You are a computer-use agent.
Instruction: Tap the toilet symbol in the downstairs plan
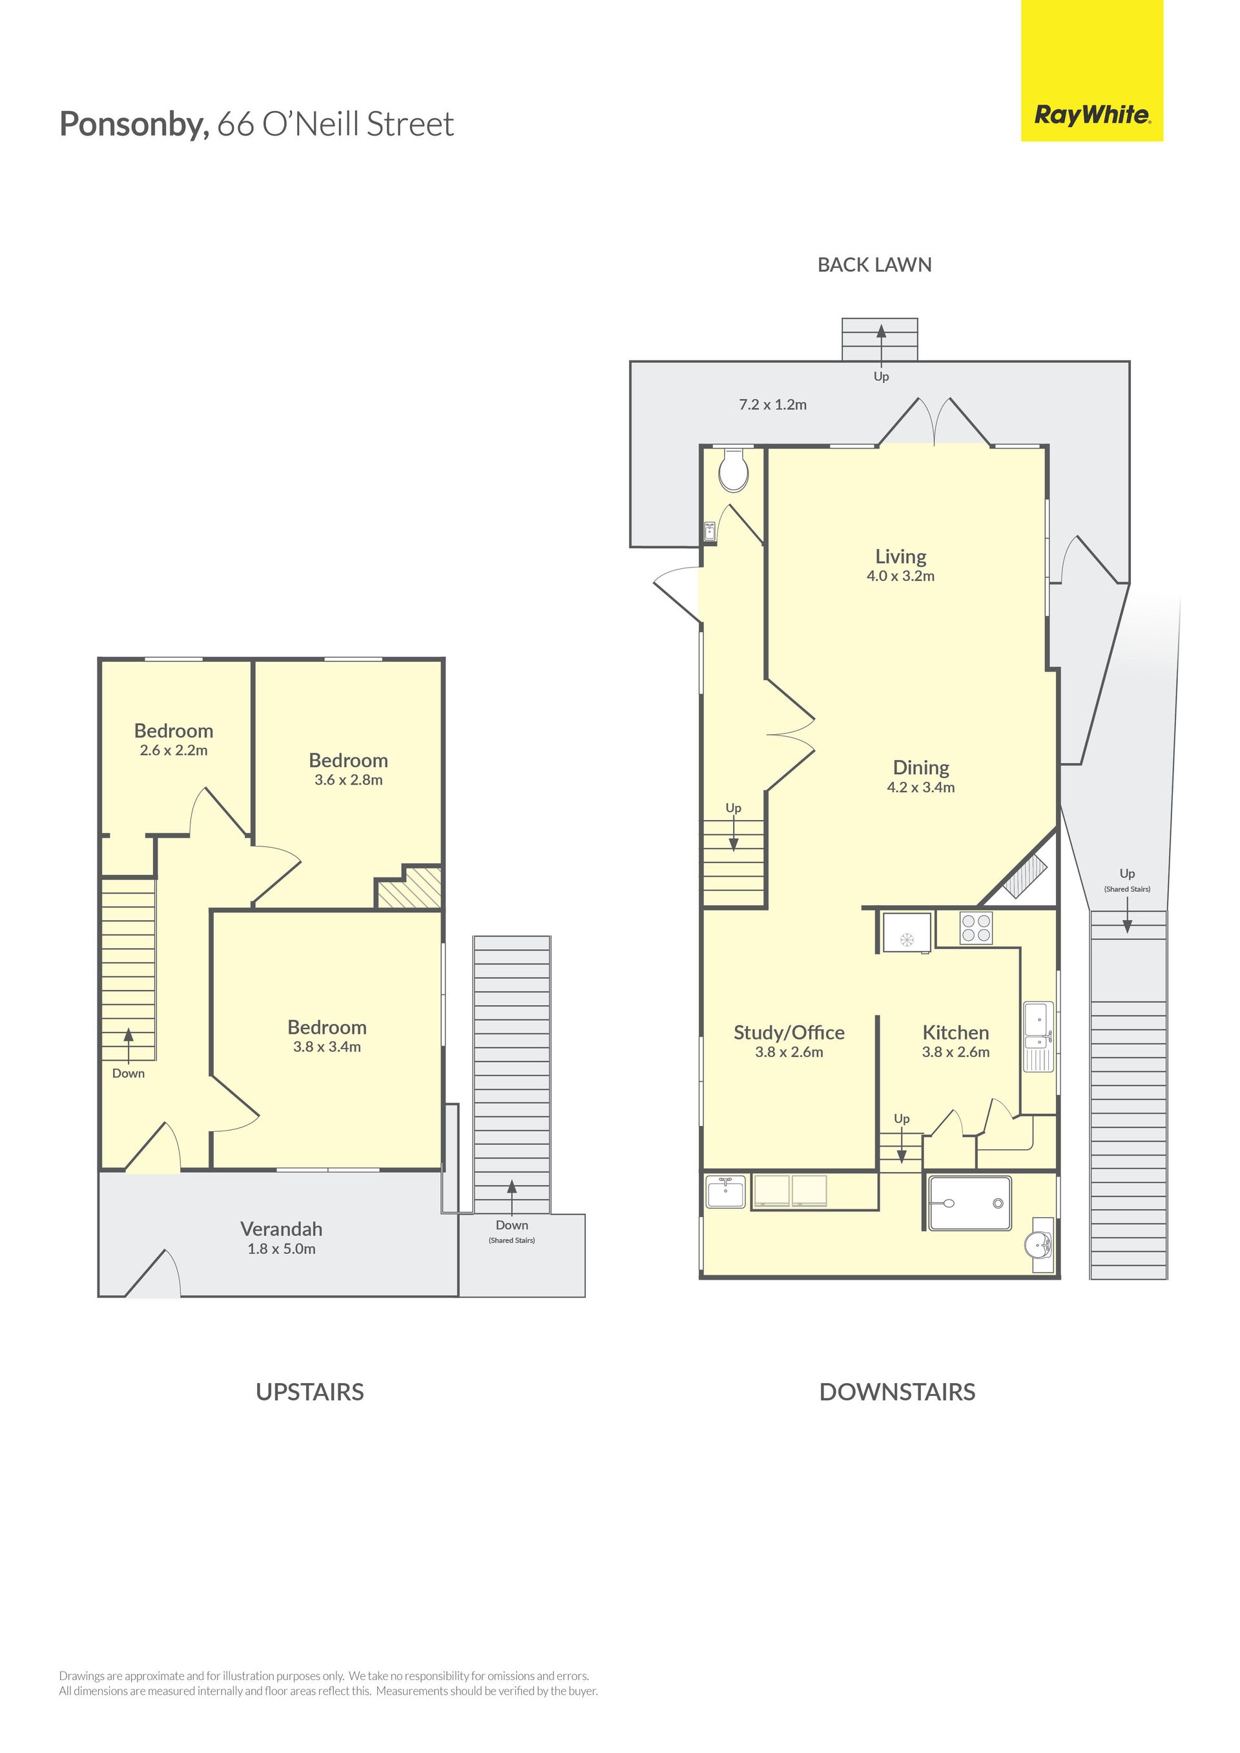point(734,469)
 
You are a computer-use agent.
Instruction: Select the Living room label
point(900,557)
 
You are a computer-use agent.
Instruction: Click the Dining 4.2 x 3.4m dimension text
point(921,787)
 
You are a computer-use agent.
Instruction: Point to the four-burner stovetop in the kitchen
point(976,928)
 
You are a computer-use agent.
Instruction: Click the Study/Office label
point(789,1032)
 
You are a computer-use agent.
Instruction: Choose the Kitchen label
point(955,1032)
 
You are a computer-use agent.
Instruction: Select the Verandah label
point(281,1229)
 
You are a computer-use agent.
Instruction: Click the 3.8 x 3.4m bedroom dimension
point(327,1047)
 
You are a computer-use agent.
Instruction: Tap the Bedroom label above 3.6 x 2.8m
point(348,761)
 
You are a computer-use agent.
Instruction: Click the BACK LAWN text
point(874,265)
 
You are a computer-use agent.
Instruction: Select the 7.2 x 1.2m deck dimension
point(772,405)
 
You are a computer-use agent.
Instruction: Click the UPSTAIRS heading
point(309,1392)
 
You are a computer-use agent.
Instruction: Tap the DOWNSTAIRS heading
point(897,1392)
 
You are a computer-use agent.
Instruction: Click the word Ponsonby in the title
point(134,124)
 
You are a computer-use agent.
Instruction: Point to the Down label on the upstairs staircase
point(129,1074)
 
